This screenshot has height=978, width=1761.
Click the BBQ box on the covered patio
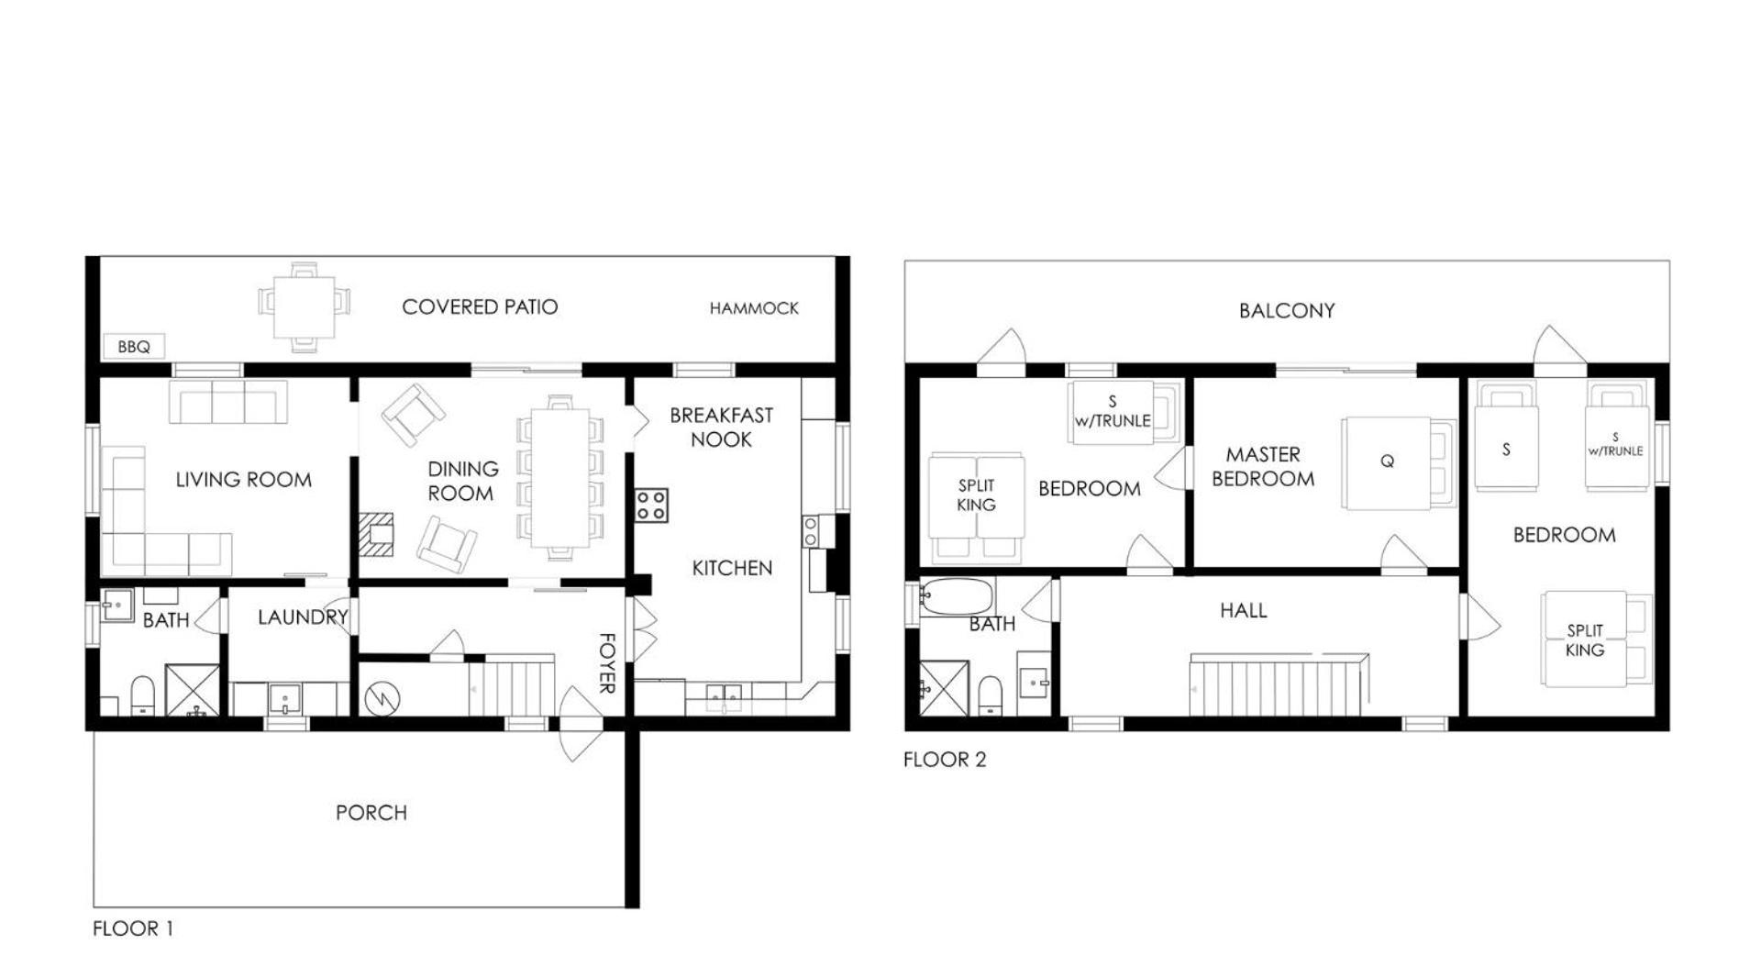(134, 346)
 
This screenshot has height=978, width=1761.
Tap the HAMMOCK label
(754, 308)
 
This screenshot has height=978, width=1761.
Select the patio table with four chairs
(304, 307)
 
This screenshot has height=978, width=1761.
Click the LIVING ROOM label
(243, 479)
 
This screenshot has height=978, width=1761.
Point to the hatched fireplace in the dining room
(376, 534)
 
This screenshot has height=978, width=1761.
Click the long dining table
(560, 477)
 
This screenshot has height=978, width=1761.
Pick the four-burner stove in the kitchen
(651, 506)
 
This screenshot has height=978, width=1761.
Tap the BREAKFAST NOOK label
(721, 427)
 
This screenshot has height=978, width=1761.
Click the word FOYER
(606, 662)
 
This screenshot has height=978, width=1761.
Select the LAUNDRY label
(303, 617)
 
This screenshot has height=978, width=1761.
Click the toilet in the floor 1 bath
(143, 695)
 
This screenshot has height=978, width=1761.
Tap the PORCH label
(371, 812)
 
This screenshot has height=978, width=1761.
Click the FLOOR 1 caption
(133, 928)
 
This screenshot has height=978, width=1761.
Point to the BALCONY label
(1286, 310)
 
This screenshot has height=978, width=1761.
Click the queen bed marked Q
(1398, 462)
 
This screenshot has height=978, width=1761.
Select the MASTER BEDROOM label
(1263, 466)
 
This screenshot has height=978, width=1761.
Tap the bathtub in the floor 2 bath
(957, 596)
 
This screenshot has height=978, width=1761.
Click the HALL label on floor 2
(1243, 610)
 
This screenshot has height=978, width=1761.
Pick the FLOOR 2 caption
(945, 759)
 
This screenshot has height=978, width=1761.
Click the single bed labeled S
(1506, 437)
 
